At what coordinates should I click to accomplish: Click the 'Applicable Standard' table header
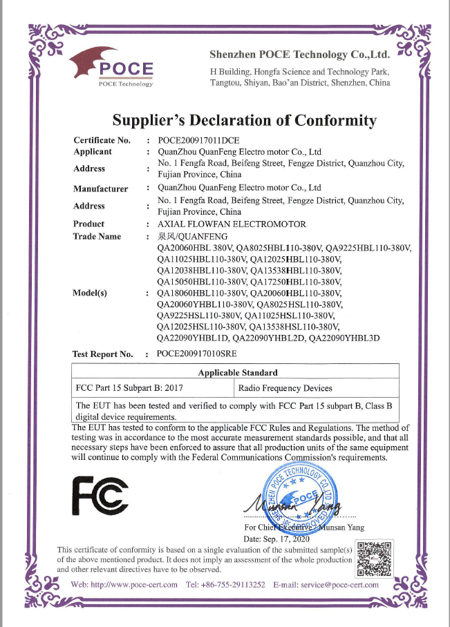(x=238, y=373)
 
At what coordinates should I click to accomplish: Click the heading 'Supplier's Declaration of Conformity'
(x=245, y=120)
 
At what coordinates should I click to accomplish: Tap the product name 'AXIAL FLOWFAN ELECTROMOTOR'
(x=232, y=224)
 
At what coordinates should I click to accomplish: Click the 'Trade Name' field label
(x=97, y=236)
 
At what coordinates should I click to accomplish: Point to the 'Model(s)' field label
(x=90, y=293)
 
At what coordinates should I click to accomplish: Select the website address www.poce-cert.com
(x=136, y=585)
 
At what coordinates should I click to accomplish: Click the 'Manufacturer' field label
(x=100, y=188)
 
